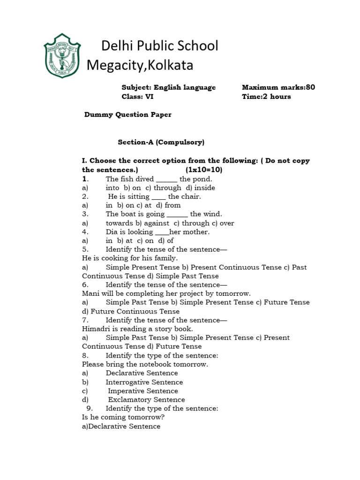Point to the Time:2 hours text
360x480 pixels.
tap(266, 97)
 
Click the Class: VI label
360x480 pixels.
tap(137, 97)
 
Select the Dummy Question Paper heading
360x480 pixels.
tap(127, 114)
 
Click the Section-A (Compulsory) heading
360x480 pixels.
tap(161, 142)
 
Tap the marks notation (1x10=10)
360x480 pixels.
tap(204, 170)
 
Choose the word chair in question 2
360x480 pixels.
tap(190, 196)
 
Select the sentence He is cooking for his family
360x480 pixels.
tap(130, 258)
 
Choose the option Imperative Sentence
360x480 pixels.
tap(143, 391)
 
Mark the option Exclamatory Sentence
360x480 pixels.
tap(146, 400)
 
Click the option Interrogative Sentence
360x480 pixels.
tap(144, 382)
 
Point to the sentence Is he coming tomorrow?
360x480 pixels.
tap(123, 417)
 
